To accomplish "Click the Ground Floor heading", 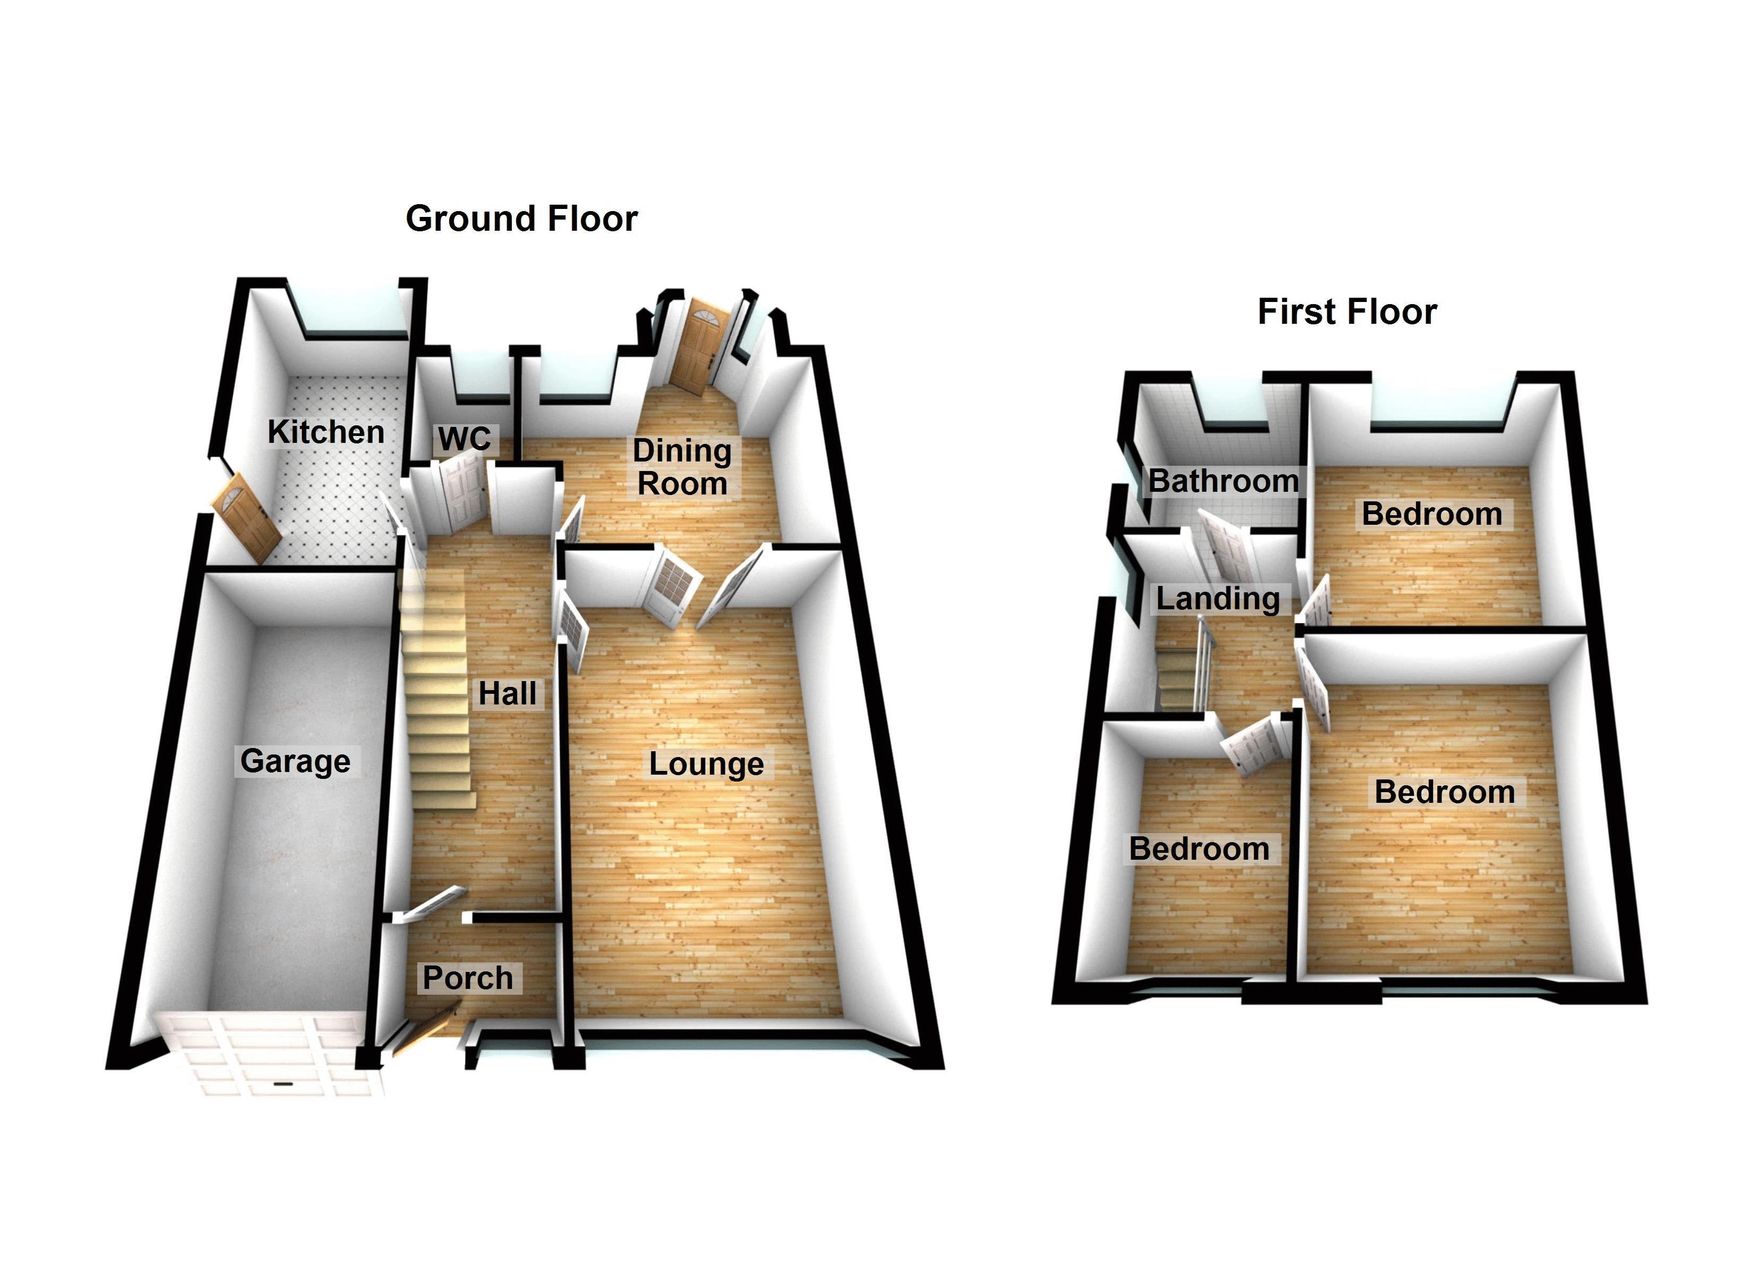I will (x=521, y=219).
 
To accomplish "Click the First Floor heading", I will (x=1346, y=312).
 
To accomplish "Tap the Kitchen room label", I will (x=326, y=432).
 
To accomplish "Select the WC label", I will (x=464, y=439).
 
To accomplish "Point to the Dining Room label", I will (x=681, y=467).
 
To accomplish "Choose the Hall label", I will (x=507, y=693).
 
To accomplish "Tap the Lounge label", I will (x=706, y=764).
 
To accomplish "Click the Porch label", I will (x=467, y=978).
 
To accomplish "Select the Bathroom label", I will (x=1222, y=481).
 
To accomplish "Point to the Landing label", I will (x=1217, y=598).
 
